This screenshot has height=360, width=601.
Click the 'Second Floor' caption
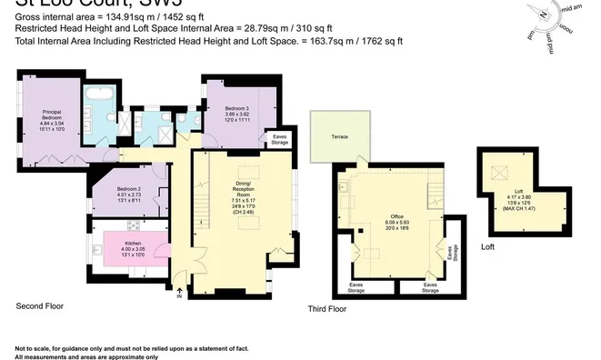point(40,306)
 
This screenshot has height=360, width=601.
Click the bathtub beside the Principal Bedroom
point(97,95)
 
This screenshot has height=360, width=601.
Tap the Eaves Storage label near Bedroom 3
point(280,140)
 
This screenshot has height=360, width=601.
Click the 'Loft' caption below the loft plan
point(487,247)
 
